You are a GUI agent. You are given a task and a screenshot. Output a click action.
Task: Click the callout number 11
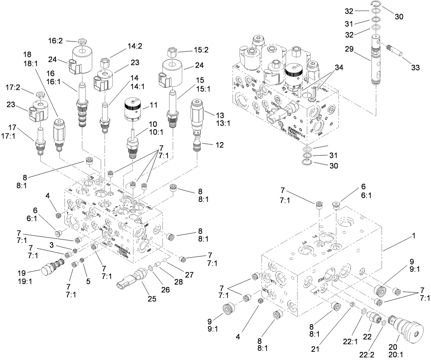(154, 105)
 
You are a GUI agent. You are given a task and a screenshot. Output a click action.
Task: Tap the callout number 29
(349, 49)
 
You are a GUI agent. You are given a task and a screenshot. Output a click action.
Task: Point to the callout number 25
(152, 299)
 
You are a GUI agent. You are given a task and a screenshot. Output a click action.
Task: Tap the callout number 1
(414, 236)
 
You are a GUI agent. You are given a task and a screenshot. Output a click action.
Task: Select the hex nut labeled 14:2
(104, 64)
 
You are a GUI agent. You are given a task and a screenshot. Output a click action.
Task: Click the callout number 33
(415, 68)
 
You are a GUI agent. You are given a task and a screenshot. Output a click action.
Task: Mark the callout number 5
(88, 281)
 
